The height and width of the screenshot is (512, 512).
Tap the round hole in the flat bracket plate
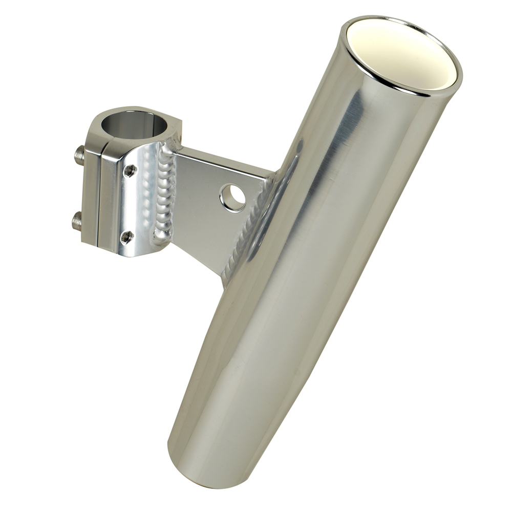pos(232,197)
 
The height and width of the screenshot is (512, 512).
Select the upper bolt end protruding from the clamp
pos(79,155)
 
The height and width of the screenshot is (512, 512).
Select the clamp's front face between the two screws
pos(131,205)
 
